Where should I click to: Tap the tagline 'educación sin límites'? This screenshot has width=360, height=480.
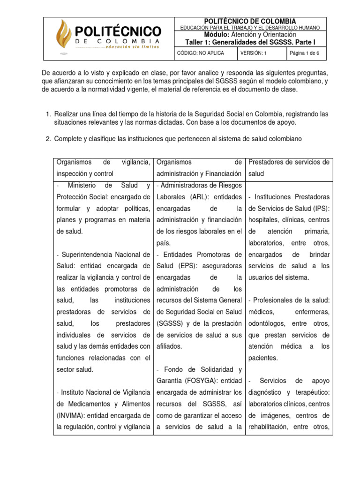pyautogui.click(x=132, y=47)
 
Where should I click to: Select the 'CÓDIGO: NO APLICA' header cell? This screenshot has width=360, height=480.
pyautogui.click(x=201, y=53)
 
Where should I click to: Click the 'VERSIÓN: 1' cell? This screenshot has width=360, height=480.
pyautogui.click(x=253, y=53)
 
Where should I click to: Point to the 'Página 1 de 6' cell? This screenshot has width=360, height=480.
pyautogui.click(x=305, y=53)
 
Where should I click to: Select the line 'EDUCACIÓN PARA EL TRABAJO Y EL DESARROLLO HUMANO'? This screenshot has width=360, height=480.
pyautogui.click(x=253, y=28)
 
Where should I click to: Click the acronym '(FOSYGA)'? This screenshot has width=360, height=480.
pyautogui.click(x=176, y=381)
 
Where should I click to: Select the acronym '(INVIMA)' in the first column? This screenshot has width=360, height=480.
pyautogui.click(x=72, y=415)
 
